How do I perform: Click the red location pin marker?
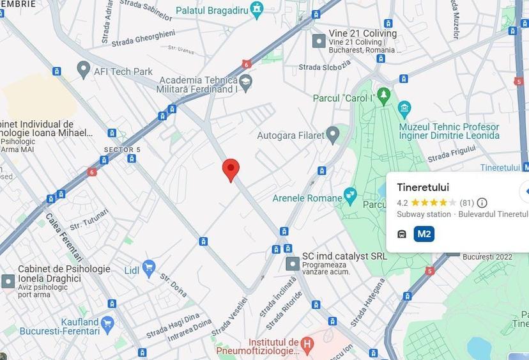tap(231, 169)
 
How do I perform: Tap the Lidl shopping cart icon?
tap(149, 268)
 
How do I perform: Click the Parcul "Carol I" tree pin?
tap(383, 97)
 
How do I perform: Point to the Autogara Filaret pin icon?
tap(332, 134)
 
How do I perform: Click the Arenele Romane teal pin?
tap(350, 194)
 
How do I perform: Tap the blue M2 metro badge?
tap(424, 234)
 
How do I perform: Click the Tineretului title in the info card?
tap(423, 187)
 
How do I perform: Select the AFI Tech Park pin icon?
tap(83, 68)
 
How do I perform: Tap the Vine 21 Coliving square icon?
tap(318, 41)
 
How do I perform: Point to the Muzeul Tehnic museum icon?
tap(404, 107)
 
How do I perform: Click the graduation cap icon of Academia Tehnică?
tap(245, 82)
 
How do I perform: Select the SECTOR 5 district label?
tap(122, 150)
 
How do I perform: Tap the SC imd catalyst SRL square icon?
tap(293, 263)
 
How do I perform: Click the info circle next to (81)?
tap(482, 203)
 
